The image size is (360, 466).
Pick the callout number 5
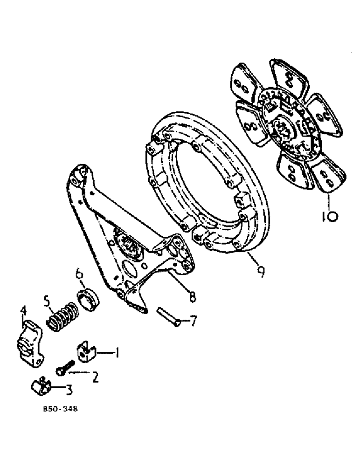pyautogui.click(x=47, y=301)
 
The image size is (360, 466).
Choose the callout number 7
pyautogui.click(x=193, y=321)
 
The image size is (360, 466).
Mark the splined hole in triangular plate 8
pyautogui.click(x=125, y=244)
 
